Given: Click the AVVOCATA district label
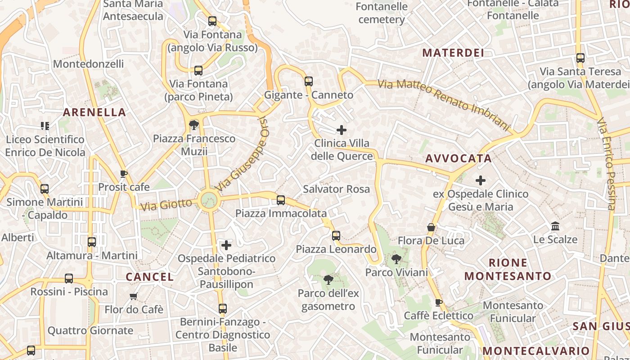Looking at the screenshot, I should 459,158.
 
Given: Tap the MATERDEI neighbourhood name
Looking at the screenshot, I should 453,53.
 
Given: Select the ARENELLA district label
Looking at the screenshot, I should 94,112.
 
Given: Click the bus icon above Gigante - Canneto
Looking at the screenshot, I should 308,81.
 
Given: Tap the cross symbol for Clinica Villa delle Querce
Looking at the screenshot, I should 342,130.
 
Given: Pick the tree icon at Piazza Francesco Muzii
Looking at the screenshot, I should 194,125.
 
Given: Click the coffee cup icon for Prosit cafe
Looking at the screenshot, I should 124,174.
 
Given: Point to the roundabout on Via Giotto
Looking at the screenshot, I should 209,200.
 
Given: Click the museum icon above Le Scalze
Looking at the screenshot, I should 555,226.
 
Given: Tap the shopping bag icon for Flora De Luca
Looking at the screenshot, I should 431,227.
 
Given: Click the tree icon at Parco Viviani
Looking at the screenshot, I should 396,259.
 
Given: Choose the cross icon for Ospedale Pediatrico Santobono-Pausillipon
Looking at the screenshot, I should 226,245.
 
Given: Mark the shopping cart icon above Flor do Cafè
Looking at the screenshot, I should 133,296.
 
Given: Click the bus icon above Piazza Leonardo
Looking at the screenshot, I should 336,235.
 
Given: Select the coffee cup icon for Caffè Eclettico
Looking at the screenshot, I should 438,302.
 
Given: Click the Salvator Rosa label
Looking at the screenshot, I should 336,189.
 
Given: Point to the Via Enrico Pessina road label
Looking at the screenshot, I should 606,164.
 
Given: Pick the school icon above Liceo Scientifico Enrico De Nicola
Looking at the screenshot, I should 45,126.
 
